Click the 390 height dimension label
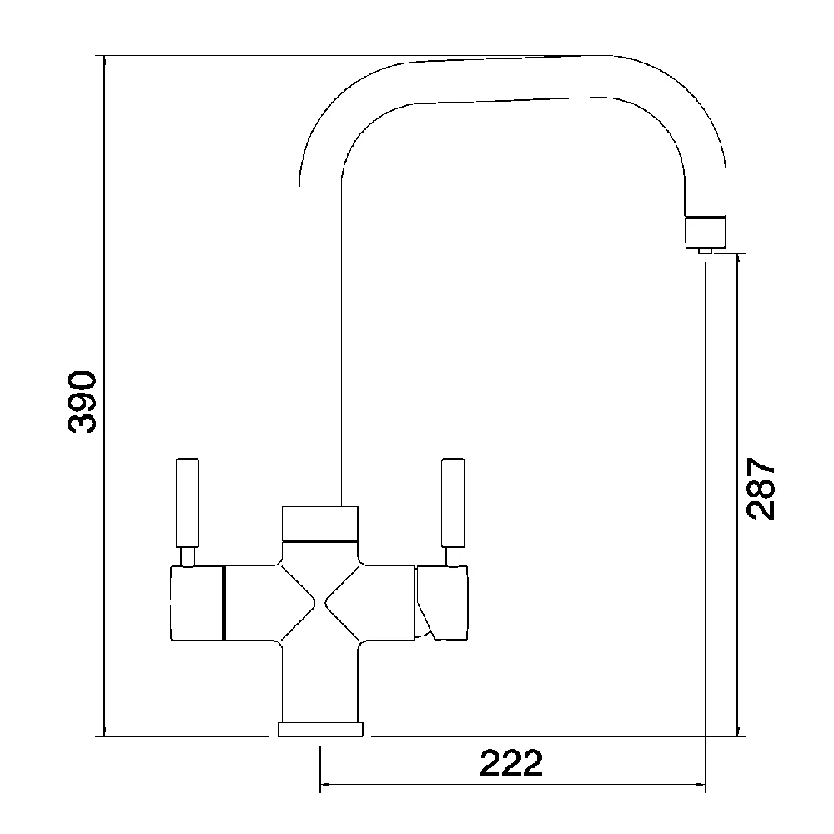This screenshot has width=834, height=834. pos(83,401)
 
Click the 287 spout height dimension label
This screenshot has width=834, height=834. pos(761,488)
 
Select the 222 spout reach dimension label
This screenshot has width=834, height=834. pos(511,762)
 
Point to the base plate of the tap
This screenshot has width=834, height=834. pos(321,730)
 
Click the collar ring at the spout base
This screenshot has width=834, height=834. pos(320,523)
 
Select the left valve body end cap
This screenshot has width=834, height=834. pos(196,605)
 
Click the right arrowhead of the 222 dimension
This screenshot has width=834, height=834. pos(699,785)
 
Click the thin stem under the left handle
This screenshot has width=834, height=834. pos(187,556)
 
